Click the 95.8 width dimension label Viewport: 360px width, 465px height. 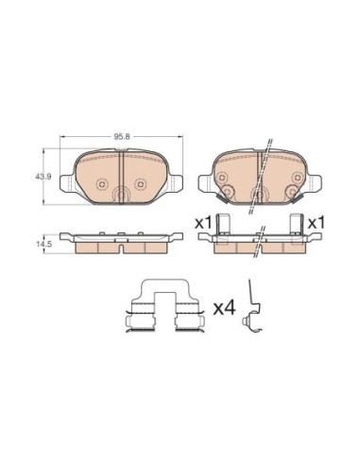(x=122, y=136)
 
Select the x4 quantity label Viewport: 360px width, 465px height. (x=225, y=308)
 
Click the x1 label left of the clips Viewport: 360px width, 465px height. (x=203, y=223)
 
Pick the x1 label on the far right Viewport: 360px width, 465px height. (x=316, y=223)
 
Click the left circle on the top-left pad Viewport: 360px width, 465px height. (x=102, y=184)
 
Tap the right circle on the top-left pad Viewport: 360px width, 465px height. (x=140, y=184)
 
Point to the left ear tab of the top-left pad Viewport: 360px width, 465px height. (x=66, y=183)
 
